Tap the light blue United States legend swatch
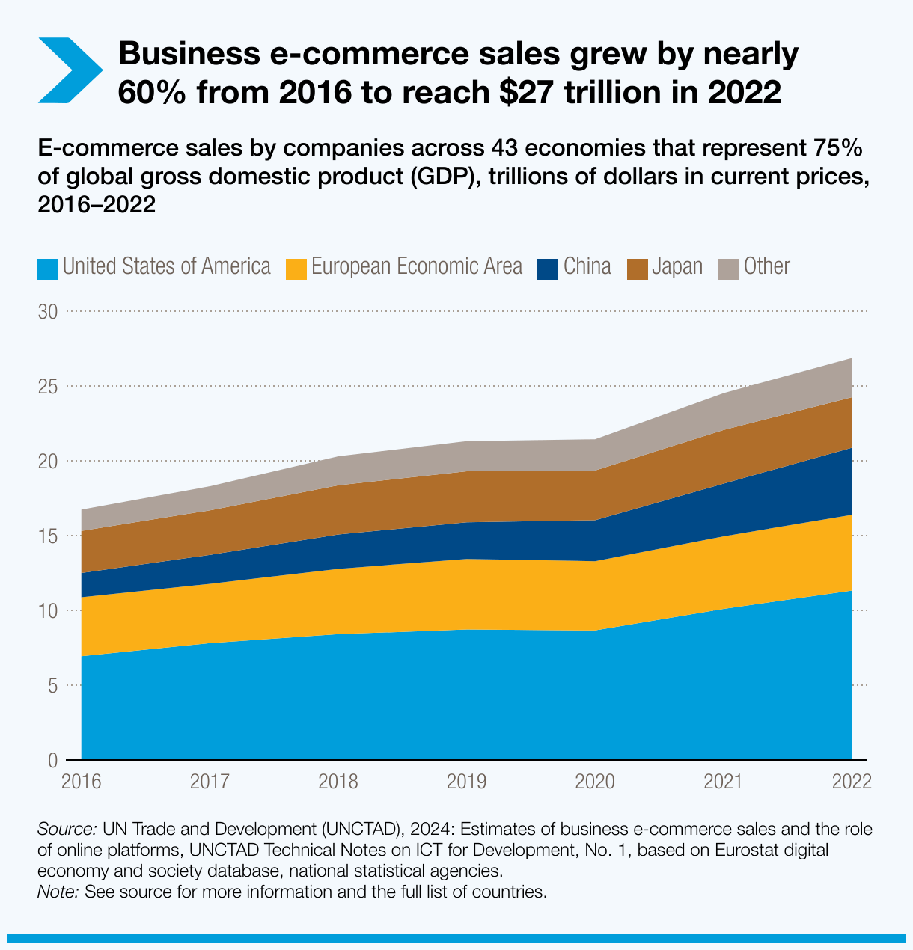pyautogui.click(x=48, y=268)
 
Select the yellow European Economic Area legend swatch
pyautogui.click(x=297, y=268)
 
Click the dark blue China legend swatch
pyautogui.click(x=549, y=268)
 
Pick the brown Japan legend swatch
pyautogui.click(x=638, y=268)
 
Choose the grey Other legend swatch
pyautogui.click(x=729, y=268)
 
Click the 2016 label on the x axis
pyautogui.click(x=82, y=782)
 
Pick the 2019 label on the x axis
pyautogui.click(x=466, y=782)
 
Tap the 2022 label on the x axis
pyautogui.click(x=852, y=782)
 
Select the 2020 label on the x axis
pyautogui.click(x=595, y=782)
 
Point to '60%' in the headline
pyautogui.click(x=152, y=93)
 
